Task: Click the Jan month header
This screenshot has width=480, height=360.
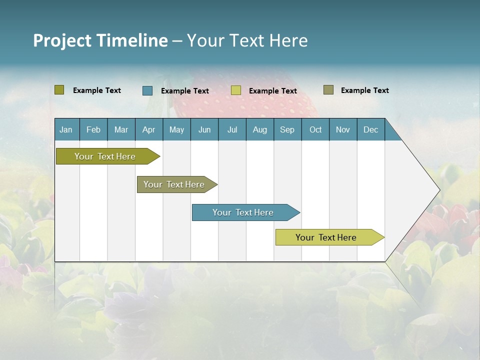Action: pyautogui.click(x=66, y=129)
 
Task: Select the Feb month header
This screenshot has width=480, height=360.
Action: pyautogui.click(x=93, y=129)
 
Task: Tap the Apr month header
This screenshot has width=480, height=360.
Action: pyautogui.click(x=148, y=129)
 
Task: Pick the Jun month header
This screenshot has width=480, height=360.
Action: pyautogui.click(x=204, y=129)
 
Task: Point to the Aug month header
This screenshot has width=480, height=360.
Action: pyautogui.click(x=260, y=129)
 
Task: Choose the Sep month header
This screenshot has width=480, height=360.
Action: pyautogui.click(x=287, y=129)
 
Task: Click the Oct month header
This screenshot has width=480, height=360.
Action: pyautogui.click(x=315, y=129)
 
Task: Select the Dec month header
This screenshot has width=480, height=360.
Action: pyautogui.click(x=371, y=129)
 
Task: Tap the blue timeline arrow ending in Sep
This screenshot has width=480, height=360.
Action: pyautogui.click(x=243, y=212)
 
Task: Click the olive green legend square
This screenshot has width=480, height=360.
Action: pyautogui.click(x=59, y=90)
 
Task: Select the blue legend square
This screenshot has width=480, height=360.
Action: pyautogui.click(x=147, y=90)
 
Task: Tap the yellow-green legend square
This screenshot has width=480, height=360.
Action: pyautogui.click(x=236, y=90)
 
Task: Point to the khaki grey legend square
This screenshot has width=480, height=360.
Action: pyautogui.click(x=328, y=90)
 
